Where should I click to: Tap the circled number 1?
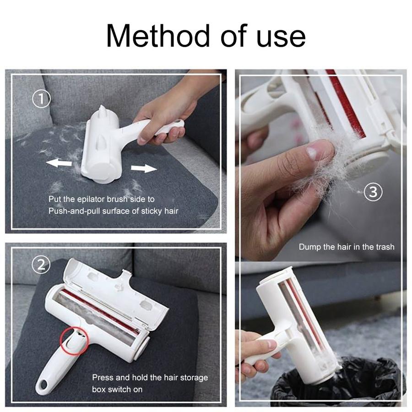[42, 99]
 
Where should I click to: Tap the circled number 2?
[42, 264]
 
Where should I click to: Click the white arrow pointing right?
[144, 168]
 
